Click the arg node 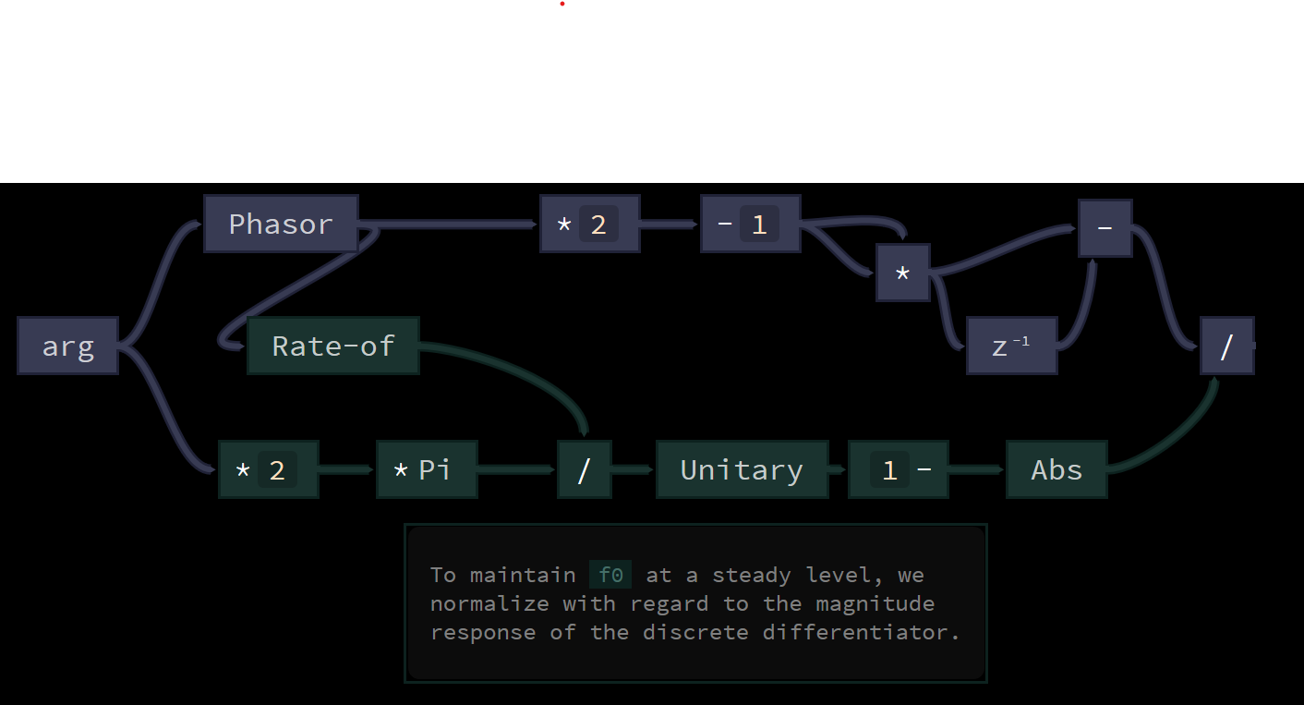[67, 346]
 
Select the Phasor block [281, 224]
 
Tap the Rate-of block [333, 346]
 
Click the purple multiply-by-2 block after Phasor [590, 224]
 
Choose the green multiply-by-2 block [269, 470]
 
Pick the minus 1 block [750, 224]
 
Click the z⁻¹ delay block [1011, 346]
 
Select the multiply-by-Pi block [427, 470]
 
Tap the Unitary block [742, 470]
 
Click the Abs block [1056, 470]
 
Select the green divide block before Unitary [584, 470]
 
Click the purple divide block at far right [1226, 346]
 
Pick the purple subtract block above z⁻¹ [1105, 228]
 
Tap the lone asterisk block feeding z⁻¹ [903, 273]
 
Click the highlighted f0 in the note [610, 575]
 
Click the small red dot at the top [562, 4]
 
